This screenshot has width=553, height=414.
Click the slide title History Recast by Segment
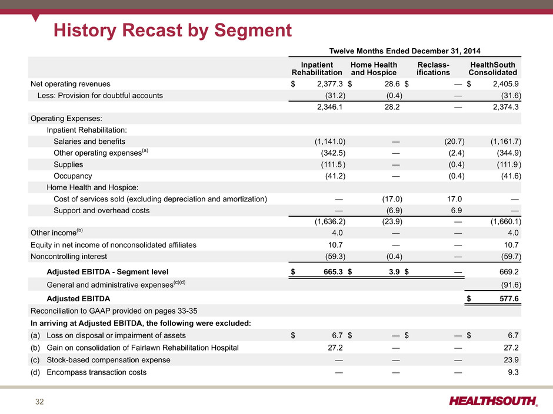[x=172, y=31]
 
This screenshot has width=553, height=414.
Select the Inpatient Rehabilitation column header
[x=317, y=69]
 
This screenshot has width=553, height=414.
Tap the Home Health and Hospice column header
[x=374, y=69]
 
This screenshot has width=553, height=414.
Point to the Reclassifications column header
[x=433, y=69]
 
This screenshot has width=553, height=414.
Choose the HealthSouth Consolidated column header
[x=492, y=69]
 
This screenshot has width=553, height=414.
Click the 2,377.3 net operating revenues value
[x=330, y=84]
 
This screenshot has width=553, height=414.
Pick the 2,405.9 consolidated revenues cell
[x=506, y=84]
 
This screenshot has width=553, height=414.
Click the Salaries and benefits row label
[x=89, y=142]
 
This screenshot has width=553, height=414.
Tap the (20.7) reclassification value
[x=454, y=142]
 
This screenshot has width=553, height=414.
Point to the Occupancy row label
[x=72, y=176]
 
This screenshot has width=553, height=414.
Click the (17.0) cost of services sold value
[x=392, y=199]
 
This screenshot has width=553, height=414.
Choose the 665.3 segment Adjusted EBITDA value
[x=333, y=272]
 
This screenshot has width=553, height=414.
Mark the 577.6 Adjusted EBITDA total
[x=509, y=298]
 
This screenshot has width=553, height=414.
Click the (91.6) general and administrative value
[x=511, y=285]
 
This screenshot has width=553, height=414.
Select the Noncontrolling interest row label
[x=69, y=256]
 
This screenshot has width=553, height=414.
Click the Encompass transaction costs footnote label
[x=96, y=372]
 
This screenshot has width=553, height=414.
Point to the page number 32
[x=39, y=402]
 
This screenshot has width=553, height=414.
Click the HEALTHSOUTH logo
[x=494, y=401]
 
